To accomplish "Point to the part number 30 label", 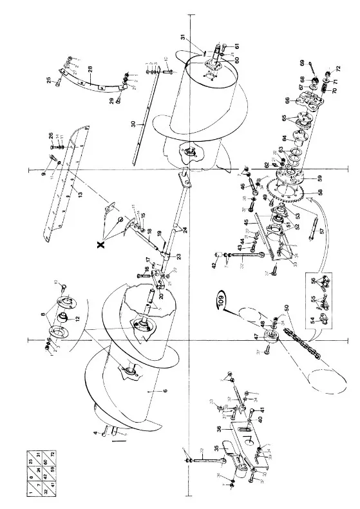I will (x=133, y=123).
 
